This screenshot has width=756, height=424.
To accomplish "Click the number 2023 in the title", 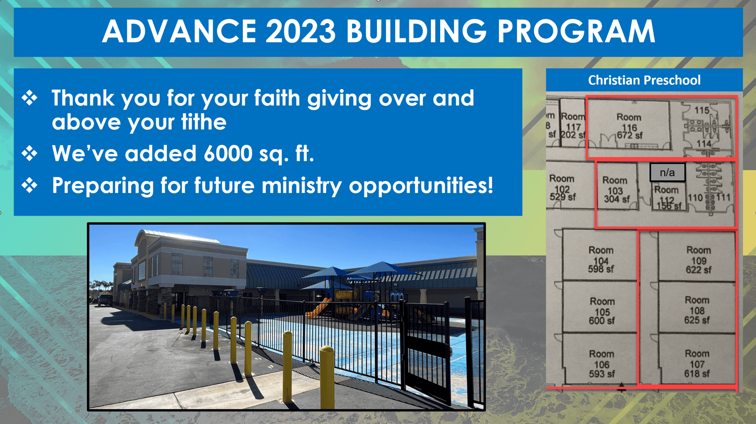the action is pos(301,31).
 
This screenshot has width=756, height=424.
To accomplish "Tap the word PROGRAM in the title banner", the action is pos(577,31).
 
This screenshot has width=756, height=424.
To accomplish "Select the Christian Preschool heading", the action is pos(644,80).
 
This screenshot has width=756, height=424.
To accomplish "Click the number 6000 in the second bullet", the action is pos(228,153).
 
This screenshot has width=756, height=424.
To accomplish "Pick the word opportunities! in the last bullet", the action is pos(421,186).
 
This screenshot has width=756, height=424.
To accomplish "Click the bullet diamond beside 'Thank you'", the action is pos(30,98).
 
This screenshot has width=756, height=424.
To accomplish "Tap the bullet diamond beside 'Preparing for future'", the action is pos(30,185).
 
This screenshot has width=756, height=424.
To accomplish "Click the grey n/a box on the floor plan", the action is pos(667,172).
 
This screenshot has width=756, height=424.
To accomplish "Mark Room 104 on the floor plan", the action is pos(601,260).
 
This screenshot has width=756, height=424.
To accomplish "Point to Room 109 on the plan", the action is pos(698,260).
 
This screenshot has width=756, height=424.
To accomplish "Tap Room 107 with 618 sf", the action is pos(697,364).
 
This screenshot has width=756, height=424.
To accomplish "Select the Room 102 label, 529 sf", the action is pos(562,188).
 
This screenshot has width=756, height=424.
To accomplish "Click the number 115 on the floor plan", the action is pos(701,110).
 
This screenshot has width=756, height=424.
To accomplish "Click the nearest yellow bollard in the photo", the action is pos(327,377).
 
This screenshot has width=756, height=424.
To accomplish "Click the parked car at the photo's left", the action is pos(105,300).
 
